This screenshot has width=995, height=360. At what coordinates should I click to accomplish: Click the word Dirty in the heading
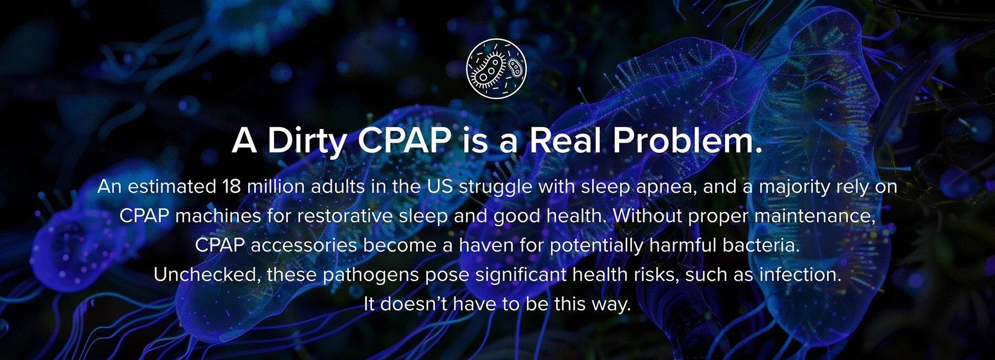307,142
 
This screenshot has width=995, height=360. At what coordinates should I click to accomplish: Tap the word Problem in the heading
688,140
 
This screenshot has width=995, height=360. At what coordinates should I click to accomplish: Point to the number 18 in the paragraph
232,186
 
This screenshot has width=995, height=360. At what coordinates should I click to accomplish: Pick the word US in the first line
439,186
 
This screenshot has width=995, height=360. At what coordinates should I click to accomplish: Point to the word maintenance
815,216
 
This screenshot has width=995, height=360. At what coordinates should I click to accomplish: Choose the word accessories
304,245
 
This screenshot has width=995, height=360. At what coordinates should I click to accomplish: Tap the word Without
647,216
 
